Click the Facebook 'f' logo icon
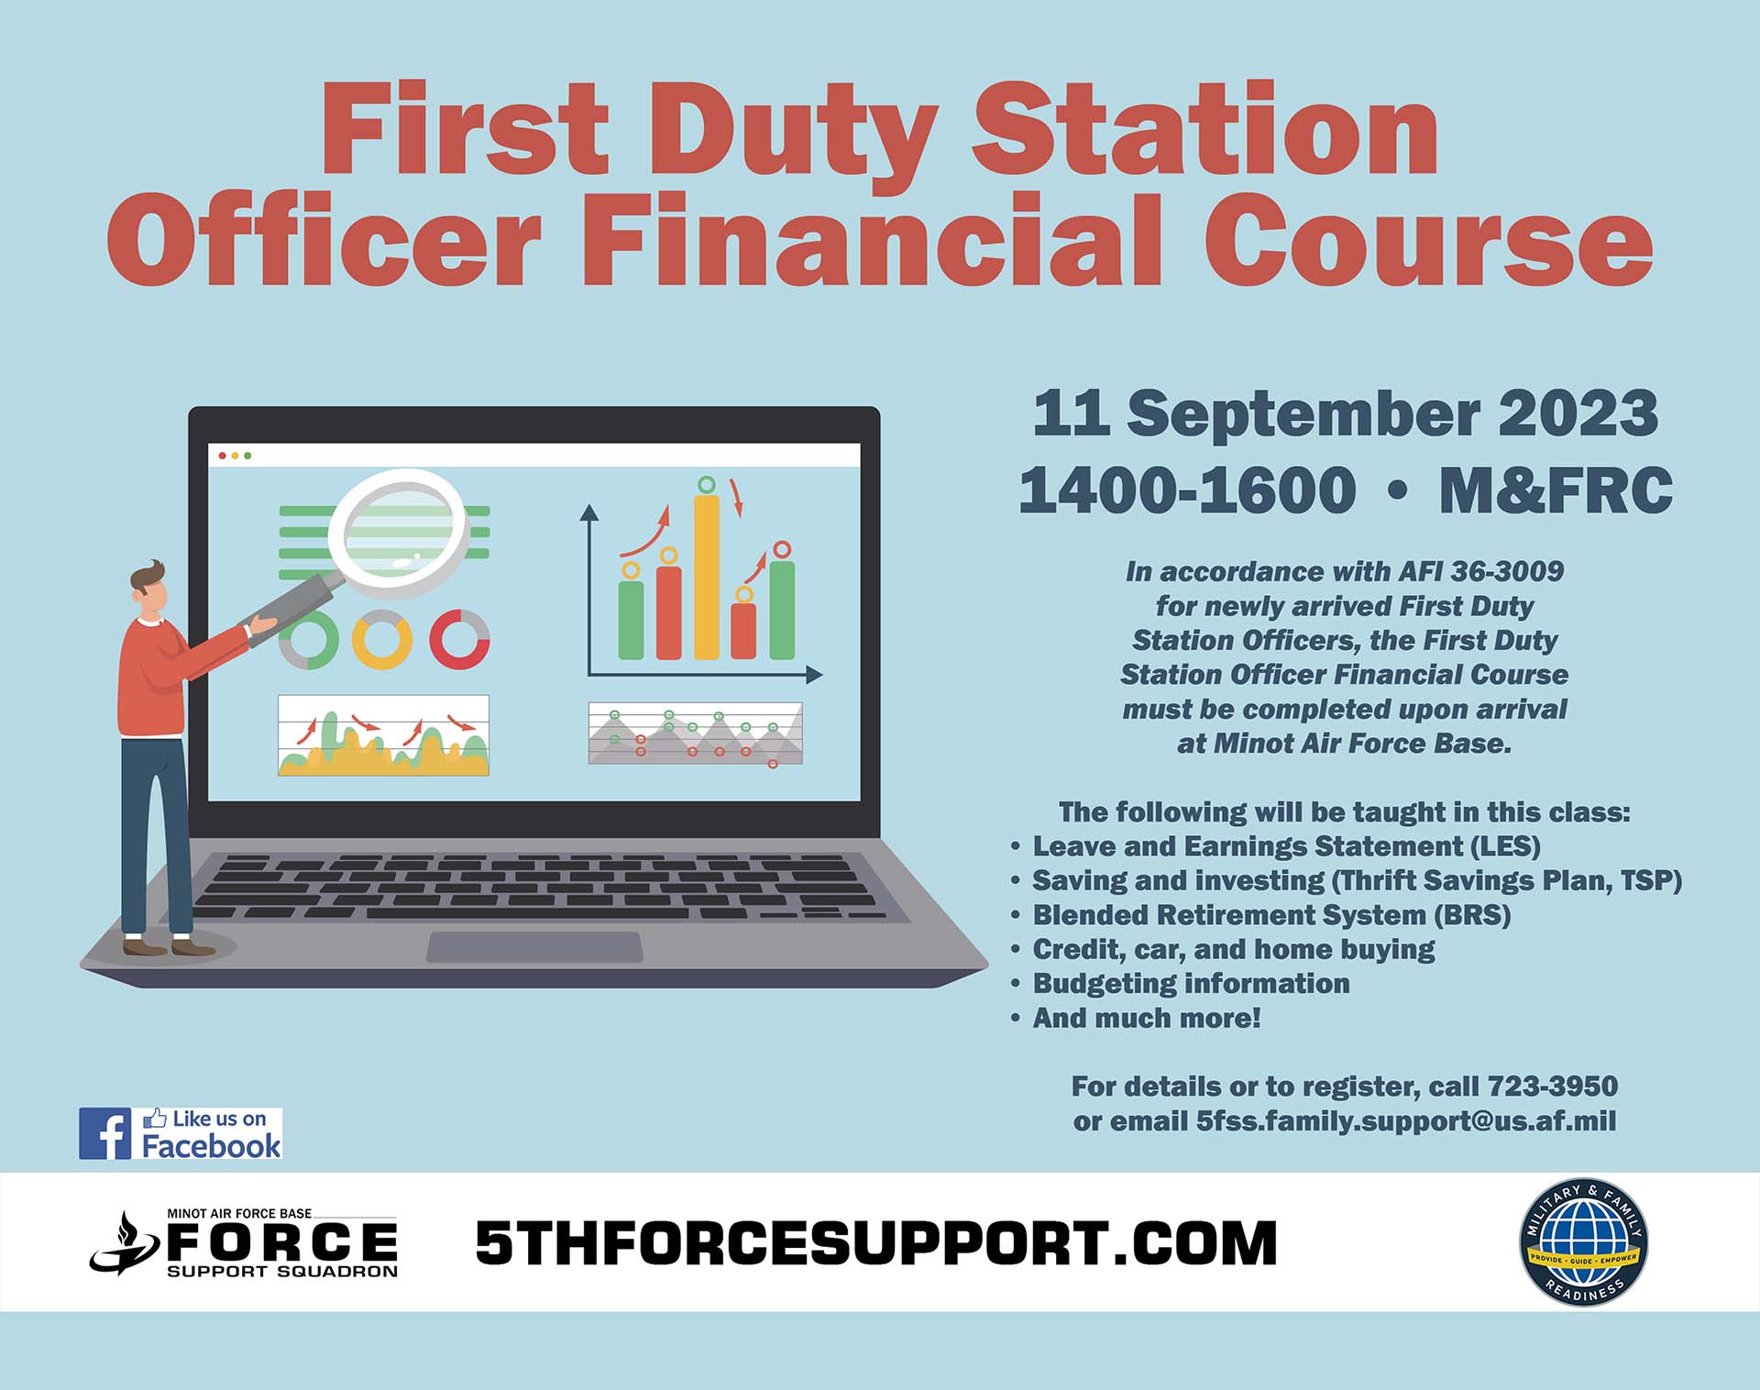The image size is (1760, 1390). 104,1133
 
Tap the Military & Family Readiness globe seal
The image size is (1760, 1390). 1583,1241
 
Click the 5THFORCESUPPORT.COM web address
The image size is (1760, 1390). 875,1243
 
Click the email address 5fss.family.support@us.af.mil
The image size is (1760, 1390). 1405,1121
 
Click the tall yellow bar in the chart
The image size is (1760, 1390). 706,577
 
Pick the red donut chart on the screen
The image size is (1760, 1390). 459,639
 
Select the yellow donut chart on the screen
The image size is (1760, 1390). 382,639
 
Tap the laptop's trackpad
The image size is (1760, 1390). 534,947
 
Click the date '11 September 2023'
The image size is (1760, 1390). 1345,414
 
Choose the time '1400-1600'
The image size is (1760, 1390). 1187,490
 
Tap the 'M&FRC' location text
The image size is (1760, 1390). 1556,490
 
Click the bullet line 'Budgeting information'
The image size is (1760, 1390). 1191,984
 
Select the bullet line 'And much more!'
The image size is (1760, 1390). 1147,1018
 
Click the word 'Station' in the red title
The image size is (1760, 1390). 1204,130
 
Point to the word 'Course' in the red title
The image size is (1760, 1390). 1428,240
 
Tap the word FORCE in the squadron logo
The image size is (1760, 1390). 281,1242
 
